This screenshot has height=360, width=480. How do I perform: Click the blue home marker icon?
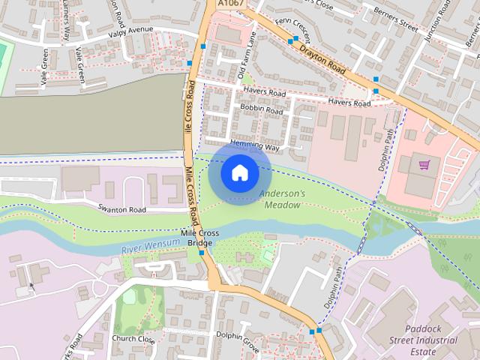239,172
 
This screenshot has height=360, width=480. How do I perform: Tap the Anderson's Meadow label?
283,199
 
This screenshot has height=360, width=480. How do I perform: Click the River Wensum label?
150,244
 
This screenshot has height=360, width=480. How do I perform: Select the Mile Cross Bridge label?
199,238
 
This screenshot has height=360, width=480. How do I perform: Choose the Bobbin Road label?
261,109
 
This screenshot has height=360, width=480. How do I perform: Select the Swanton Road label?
121,209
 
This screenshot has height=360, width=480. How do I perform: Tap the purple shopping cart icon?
424,163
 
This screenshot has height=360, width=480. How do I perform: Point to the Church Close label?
133,339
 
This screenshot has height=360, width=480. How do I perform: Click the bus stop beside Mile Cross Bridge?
202,253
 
